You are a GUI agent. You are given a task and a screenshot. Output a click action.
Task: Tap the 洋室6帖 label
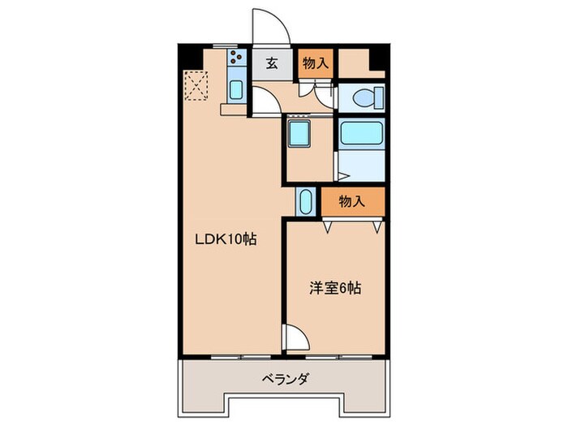pyautogui.click(x=334, y=286)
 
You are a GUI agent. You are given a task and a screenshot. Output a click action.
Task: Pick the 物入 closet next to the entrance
pyautogui.click(x=314, y=63)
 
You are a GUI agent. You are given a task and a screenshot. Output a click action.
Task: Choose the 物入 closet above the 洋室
pyautogui.click(x=351, y=201)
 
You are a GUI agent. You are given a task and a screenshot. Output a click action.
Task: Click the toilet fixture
pyautogui.click(x=365, y=99)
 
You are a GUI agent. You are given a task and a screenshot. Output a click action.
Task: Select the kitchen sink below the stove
pyautogui.click(x=235, y=89)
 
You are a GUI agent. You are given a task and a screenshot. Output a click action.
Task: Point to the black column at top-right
pyautogui.click(x=377, y=59)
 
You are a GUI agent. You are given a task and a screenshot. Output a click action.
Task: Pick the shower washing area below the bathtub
pyautogui.click(x=362, y=162)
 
